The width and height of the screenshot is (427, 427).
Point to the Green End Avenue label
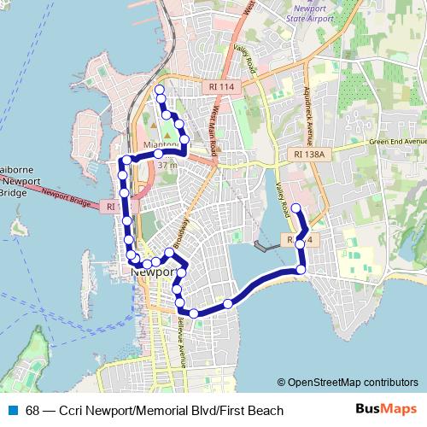pyautogui.click(x=397, y=142)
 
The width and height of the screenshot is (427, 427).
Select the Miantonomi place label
pyautogui.click(x=161, y=146)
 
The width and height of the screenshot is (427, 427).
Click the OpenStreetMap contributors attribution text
pyautogui.click(x=348, y=383)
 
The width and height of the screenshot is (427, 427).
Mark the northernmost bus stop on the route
pyautogui.click(x=159, y=90)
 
